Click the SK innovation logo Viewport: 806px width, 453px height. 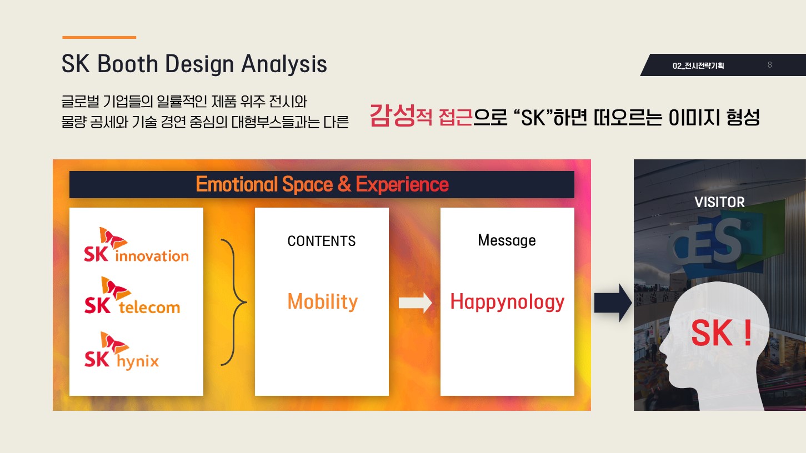136,245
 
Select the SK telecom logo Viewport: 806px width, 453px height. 132,295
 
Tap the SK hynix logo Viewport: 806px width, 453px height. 122,351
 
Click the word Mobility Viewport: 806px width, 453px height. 322,302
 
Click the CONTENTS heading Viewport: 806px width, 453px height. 321,241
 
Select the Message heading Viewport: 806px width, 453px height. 507,240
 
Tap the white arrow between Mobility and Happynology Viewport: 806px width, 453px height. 415,303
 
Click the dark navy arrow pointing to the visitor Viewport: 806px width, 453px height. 613,303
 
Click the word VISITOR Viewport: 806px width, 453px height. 719,202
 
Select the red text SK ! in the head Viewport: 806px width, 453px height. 722,333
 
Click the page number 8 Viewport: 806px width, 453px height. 770,65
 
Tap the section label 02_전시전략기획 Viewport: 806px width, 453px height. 698,66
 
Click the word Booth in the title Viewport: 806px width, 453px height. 128,64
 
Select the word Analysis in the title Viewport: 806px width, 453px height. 284,65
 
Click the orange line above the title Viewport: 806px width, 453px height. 99,37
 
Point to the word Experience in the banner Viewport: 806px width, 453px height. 402,184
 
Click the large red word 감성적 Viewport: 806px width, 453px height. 401,115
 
